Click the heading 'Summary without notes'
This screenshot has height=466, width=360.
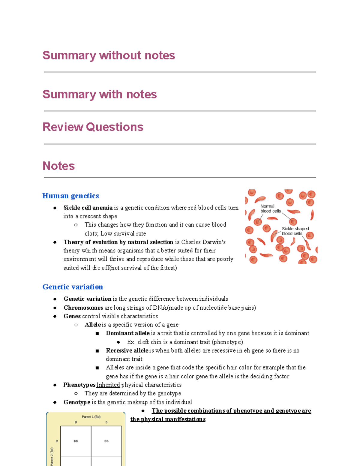pos(109,56)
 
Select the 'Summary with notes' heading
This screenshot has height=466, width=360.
pos(100,95)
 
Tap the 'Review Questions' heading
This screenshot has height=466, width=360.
pos(93,127)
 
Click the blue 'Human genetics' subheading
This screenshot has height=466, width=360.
pos(70,196)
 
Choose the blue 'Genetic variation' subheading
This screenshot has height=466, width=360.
pos(73,287)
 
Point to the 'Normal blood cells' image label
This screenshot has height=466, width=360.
pos(270,209)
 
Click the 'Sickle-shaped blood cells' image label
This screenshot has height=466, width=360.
pos(295,231)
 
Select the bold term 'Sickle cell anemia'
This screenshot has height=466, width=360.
pos(88,208)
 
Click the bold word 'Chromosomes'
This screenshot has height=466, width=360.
pos(83,308)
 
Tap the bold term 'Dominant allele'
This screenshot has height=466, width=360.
pos(127,333)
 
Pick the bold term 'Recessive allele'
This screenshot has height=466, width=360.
pos(127,351)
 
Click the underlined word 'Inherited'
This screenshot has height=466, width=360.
pos(108,385)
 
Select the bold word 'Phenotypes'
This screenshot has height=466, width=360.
pos(79,385)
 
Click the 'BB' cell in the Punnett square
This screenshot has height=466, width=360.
pos(76,441)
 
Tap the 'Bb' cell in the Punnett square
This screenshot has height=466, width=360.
pos(106,441)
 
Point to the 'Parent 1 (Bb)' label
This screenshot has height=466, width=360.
pos(91,416)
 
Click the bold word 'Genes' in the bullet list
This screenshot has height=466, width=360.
pos(72,316)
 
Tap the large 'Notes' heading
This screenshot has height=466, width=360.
pos(58,166)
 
